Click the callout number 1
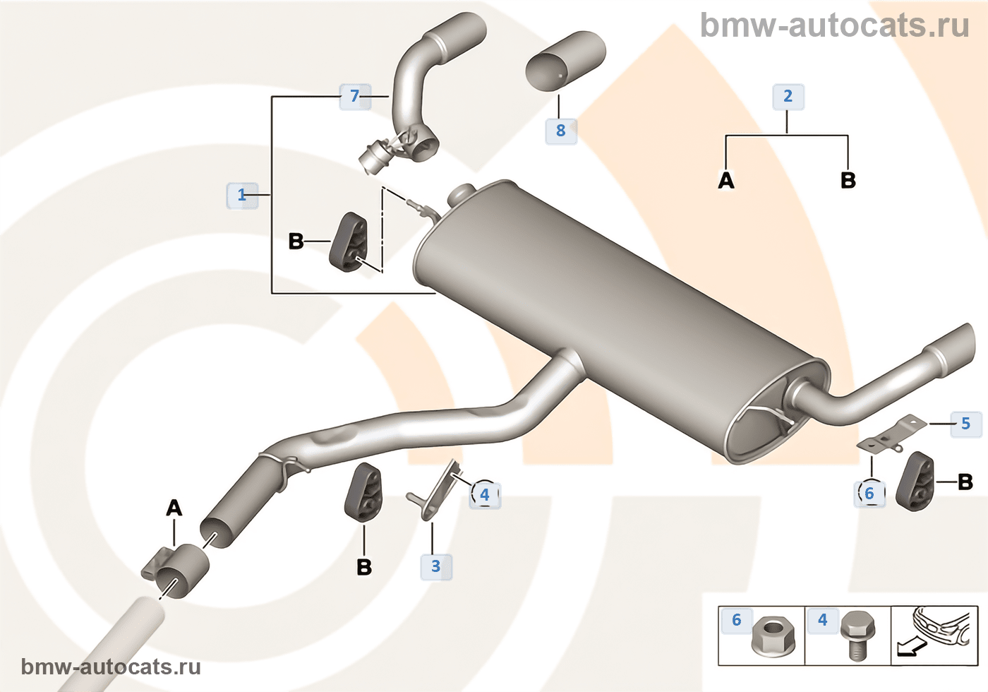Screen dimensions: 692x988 242,195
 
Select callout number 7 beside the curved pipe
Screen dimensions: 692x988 355,96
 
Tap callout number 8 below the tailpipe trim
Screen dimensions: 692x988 561,131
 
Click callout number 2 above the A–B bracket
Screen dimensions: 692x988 788,96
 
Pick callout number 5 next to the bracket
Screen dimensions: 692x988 966,424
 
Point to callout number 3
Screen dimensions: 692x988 436,566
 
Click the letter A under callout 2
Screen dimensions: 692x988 726,181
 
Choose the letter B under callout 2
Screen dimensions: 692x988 848,181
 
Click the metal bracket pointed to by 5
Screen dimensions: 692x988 891,436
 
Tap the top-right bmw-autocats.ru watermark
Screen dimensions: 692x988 834,26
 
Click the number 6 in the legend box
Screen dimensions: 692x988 737,620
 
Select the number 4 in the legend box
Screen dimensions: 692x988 823,620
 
